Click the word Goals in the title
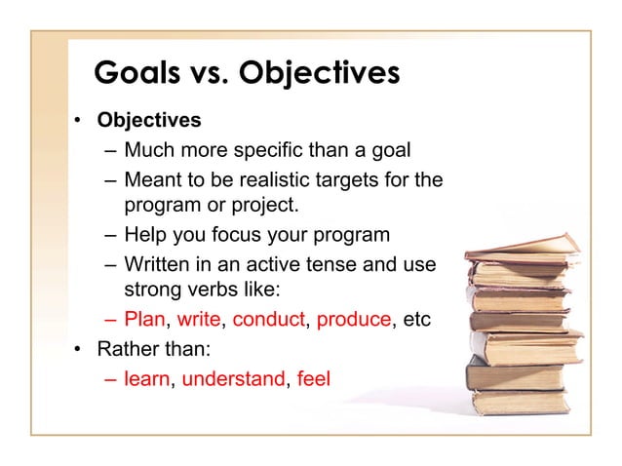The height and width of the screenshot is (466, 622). [140, 74]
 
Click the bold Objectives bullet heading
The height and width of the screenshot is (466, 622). [148, 122]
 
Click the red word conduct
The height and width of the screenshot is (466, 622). [269, 320]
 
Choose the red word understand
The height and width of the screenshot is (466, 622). [232, 378]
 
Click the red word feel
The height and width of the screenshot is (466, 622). [313, 378]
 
